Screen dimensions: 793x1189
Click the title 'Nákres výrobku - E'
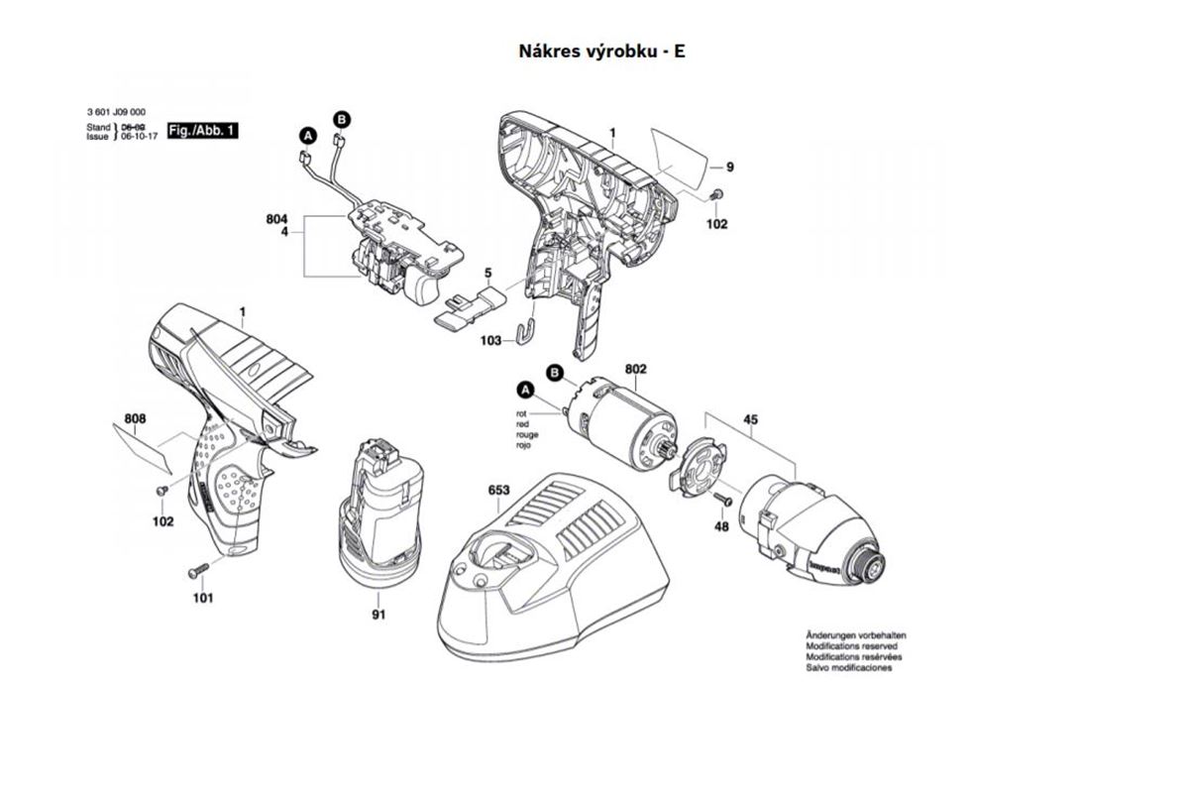coord(601,51)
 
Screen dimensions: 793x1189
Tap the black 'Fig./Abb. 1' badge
coord(202,131)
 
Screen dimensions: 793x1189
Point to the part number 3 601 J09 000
coord(117,114)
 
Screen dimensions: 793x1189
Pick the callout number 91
coord(378,616)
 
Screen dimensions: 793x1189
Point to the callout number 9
coord(729,167)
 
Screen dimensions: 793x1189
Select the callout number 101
coord(202,598)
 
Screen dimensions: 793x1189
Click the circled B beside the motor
coord(556,372)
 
